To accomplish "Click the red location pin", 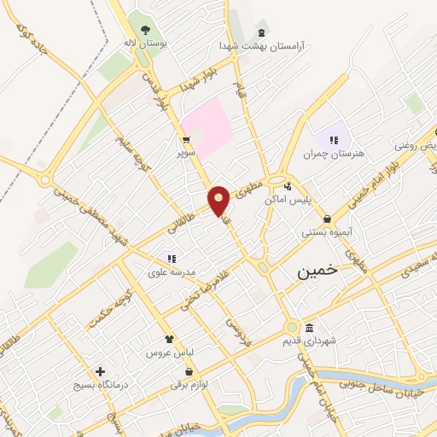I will pos(219,201).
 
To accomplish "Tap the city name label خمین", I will pos(317,271).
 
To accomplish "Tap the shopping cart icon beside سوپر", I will pos(186,141).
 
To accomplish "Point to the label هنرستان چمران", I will pos(333,154).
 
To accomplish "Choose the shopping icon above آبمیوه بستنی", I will pos(327,218).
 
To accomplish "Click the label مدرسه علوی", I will pos(172,272).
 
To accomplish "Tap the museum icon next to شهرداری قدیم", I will pos(309,329).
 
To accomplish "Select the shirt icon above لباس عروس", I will pos(169,339).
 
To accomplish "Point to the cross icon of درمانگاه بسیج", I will pos(101,371).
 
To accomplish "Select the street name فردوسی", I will pos(239,329).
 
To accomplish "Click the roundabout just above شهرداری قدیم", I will pos(292,327).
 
